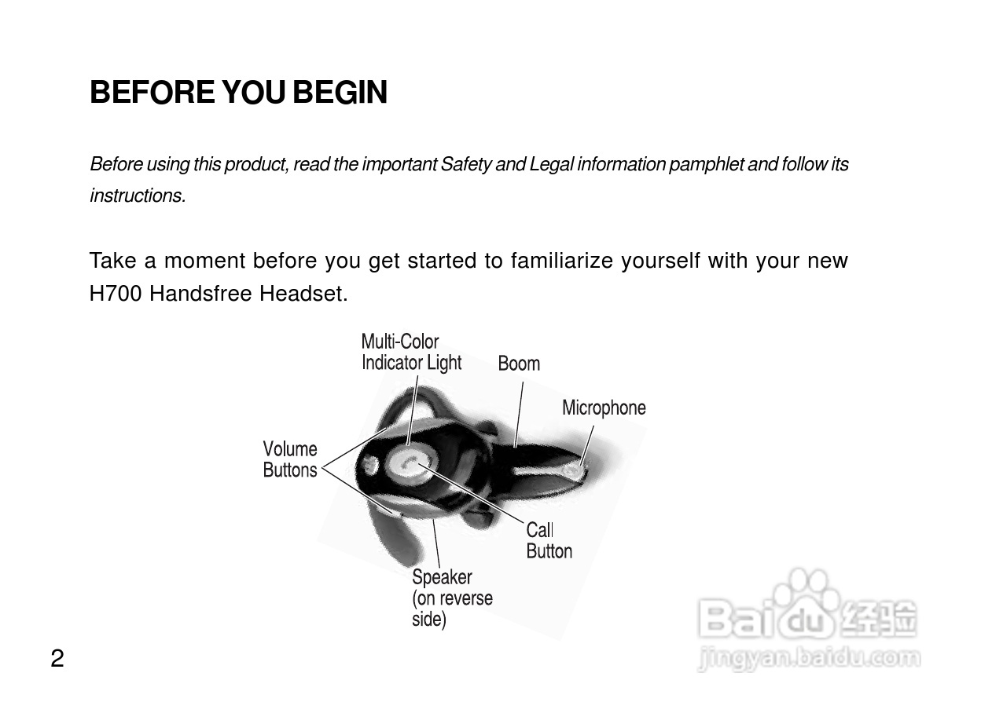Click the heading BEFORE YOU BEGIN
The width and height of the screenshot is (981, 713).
tap(239, 93)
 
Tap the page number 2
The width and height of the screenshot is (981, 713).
tap(57, 658)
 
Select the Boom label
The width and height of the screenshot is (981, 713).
tap(519, 364)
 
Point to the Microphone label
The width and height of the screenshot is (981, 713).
tap(604, 408)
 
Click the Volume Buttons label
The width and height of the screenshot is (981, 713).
tap(290, 459)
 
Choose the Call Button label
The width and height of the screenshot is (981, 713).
tap(549, 540)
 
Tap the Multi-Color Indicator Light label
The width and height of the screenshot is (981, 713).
tap(411, 352)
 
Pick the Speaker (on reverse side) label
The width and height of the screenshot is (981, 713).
tap(452, 598)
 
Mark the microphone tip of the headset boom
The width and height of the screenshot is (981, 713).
tap(572, 471)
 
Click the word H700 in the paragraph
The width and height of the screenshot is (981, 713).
tap(116, 294)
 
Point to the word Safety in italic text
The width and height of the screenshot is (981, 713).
tap(466, 164)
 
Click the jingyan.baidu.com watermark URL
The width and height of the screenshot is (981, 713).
tap(810, 659)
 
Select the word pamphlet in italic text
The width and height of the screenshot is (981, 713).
tap(706, 164)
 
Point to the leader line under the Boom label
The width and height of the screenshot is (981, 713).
tap(519, 415)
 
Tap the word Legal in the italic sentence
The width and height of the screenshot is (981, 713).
tap(551, 164)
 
